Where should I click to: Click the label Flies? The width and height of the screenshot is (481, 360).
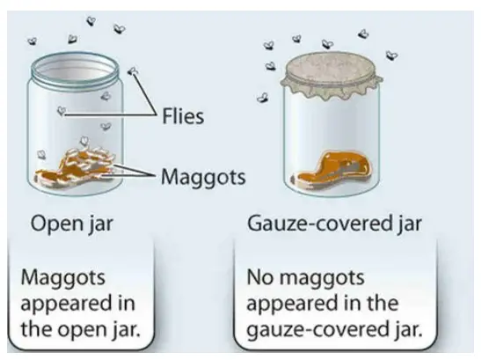point(183,116)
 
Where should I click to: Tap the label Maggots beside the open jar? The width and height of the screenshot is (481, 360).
point(203,178)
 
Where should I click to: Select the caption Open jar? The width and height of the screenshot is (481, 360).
point(72,224)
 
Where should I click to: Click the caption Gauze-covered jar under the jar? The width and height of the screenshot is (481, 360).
point(334,224)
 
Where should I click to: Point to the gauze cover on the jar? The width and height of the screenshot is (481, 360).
point(332,74)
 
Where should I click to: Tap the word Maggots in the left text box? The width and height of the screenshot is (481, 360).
point(63,279)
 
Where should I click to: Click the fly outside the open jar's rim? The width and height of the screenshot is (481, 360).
point(133,72)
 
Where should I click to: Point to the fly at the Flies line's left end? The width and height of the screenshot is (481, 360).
point(62,110)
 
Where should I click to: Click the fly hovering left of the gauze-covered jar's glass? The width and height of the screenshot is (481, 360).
point(263,98)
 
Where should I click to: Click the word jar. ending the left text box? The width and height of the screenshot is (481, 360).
point(125,329)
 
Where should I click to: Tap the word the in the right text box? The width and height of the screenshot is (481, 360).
point(380,303)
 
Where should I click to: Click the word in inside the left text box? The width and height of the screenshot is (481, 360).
point(126,303)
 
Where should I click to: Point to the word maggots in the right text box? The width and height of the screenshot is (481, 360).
point(322,279)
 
